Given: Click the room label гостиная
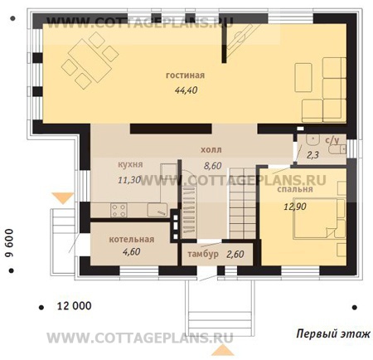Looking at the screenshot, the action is pos(185,75).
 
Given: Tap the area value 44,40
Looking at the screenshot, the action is pos(186,90).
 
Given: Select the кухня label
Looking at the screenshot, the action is pos(130,164).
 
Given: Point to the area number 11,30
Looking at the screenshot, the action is pos(129,180).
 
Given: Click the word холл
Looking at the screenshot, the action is pos(211,150).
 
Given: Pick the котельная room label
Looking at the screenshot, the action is pos(132,240).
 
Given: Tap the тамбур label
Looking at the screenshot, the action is pos(203,254).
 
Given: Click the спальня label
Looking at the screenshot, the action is pos(295,189).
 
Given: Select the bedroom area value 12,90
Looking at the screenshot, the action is pos(295,207).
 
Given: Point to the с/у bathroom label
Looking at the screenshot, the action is pos(332,140).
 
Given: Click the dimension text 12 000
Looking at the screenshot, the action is pos(74,306).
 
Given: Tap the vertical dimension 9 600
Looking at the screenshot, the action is pos(9,243).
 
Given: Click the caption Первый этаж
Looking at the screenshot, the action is pos(333,333).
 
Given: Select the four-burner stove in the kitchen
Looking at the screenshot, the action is pos(119,210).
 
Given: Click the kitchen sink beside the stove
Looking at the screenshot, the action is pos(157,210).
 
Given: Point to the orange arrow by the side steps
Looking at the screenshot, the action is pos(63,198).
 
